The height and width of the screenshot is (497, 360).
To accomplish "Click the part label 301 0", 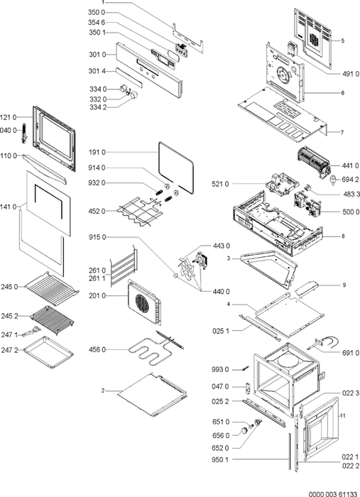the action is coord(97,55).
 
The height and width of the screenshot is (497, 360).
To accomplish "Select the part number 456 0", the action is coord(97,349).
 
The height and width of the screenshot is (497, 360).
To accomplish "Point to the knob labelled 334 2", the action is coord(135,95).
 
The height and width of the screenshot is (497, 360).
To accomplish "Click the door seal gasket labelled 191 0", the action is coord(176,168).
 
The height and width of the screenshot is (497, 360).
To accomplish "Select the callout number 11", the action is coord(342,415).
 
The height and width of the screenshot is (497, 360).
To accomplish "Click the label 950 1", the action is coord(220,459).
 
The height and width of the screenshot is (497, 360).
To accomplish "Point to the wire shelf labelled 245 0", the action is coord(52,288).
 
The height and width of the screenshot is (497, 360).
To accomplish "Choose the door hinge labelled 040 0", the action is coord(23,133).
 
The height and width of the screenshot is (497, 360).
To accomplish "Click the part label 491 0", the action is coord(351,74).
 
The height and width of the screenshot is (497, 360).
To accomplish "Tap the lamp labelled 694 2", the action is coord(333,180).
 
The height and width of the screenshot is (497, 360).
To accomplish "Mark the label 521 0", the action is coord(220,184).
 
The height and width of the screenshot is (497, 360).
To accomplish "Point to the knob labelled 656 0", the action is coord(244,430).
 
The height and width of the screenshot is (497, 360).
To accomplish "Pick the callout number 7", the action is coord(342,133).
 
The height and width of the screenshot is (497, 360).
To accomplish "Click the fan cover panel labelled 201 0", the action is coord(144,302).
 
